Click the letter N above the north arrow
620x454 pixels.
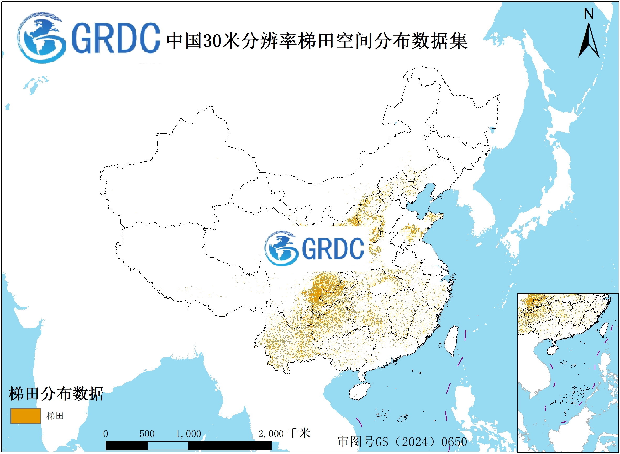[x=589, y=14]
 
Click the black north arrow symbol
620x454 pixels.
[x=589, y=41]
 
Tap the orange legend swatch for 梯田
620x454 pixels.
[x=25, y=416]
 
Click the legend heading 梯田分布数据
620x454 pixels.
[x=56, y=394]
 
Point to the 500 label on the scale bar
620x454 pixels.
[x=147, y=434]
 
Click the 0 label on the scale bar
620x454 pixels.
[x=106, y=434]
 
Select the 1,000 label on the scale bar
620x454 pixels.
[x=188, y=434]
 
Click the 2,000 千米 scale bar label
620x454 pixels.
[x=284, y=433]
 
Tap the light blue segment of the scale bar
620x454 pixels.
[x=168, y=446]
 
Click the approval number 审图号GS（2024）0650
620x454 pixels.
[x=402, y=442]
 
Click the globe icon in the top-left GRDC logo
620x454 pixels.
[x=41, y=38]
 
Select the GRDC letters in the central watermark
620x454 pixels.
[x=333, y=249]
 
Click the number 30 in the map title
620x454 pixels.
[x=212, y=41]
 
